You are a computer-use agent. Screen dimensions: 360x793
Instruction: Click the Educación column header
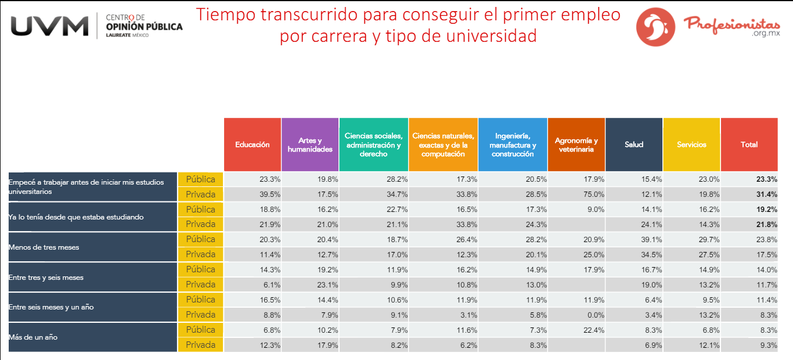(253, 145)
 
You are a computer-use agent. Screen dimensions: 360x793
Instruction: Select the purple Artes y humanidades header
(310, 145)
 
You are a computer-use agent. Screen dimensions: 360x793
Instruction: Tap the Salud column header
(634, 145)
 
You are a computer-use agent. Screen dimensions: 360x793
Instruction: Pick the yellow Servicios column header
(691, 145)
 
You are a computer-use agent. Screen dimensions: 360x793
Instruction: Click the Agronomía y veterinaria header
(576, 145)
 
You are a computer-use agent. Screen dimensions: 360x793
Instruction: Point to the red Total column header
(749, 145)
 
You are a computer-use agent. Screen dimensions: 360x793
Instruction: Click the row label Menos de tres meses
(44, 247)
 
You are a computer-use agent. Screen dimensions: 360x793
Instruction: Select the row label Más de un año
(33, 337)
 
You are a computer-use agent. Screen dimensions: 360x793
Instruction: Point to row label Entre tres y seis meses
(46, 278)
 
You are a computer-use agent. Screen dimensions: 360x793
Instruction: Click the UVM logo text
(49, 26)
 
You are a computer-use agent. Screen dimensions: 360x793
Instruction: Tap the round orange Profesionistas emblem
(656, 26)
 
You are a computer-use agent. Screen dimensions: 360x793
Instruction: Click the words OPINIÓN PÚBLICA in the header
(144, 27)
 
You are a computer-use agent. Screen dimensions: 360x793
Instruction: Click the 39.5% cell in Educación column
(269, 195)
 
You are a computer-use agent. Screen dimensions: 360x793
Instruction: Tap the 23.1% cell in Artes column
(327, 285)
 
